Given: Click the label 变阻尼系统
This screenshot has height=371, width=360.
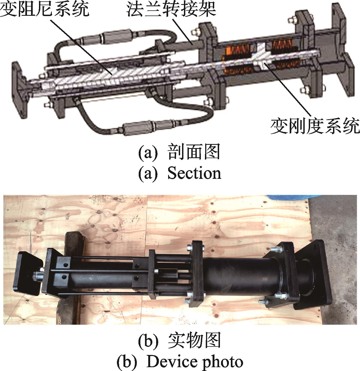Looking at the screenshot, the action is [45, 9].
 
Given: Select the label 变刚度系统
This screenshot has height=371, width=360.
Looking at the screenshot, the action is [315, 126].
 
